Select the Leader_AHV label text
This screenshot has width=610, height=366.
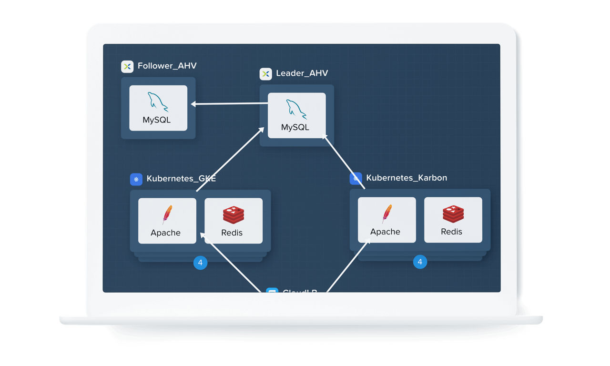302,73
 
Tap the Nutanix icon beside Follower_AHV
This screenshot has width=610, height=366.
127,66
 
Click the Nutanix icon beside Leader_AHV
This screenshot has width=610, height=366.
265,74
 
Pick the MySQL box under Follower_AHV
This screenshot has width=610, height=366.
158,108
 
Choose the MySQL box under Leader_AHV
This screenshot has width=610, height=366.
296,115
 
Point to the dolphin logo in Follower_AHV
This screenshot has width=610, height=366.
158,102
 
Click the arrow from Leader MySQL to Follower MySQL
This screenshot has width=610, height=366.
229,103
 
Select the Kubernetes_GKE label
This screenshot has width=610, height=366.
181,179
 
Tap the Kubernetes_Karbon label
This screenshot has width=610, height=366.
407,178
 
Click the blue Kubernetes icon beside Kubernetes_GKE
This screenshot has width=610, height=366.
136,179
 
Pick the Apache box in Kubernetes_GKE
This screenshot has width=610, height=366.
167,221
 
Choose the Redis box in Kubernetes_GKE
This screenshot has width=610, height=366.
234,221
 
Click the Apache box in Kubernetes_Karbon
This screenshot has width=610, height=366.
386,220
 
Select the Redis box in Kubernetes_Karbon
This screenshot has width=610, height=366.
453,220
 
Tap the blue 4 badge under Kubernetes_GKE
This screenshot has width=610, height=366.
200,263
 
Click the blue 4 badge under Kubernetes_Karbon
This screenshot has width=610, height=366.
420,262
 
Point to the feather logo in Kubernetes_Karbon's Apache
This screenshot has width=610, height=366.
386,213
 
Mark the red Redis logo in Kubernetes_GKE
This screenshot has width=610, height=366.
234,215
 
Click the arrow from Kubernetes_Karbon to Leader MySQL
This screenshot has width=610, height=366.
344,162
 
